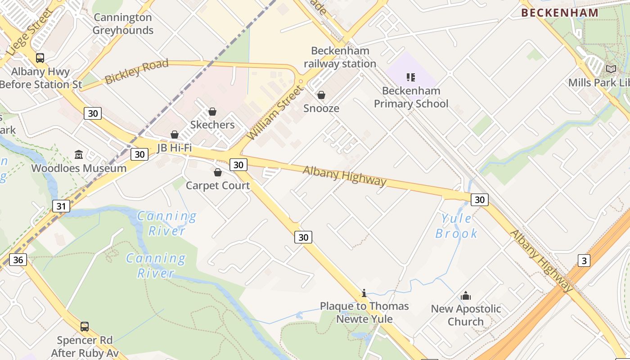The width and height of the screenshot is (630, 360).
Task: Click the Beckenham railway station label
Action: point(340,57)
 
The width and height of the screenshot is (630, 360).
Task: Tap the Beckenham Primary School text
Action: point(411,97)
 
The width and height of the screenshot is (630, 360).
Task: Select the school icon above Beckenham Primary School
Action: point(410,77)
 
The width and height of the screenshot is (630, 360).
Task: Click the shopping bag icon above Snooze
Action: point(321,95)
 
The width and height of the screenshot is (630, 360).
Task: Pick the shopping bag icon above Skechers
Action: point(212,112)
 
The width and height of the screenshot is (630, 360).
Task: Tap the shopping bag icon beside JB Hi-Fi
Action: point(175,135)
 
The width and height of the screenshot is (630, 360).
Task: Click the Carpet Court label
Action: point(218,185)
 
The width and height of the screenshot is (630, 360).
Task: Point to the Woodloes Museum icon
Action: point(79,155)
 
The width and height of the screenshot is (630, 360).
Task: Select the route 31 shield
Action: point(61,207)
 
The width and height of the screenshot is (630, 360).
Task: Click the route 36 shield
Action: point(18,260)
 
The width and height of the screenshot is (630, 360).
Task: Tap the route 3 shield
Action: point(584,260)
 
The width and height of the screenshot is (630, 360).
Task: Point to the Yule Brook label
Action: point(456,226)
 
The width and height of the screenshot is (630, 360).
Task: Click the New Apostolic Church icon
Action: point(466,296)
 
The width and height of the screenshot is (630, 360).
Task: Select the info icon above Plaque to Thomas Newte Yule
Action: point(364,293)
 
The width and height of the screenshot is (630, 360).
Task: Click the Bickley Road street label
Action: point(136,71)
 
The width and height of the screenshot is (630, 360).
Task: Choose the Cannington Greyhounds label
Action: point(123,24)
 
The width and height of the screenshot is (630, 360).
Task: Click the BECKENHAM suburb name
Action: point(560,13)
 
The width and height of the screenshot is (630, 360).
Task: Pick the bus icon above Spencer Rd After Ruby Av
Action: point(84,327)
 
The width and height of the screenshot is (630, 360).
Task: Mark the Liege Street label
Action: point(30,32)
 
